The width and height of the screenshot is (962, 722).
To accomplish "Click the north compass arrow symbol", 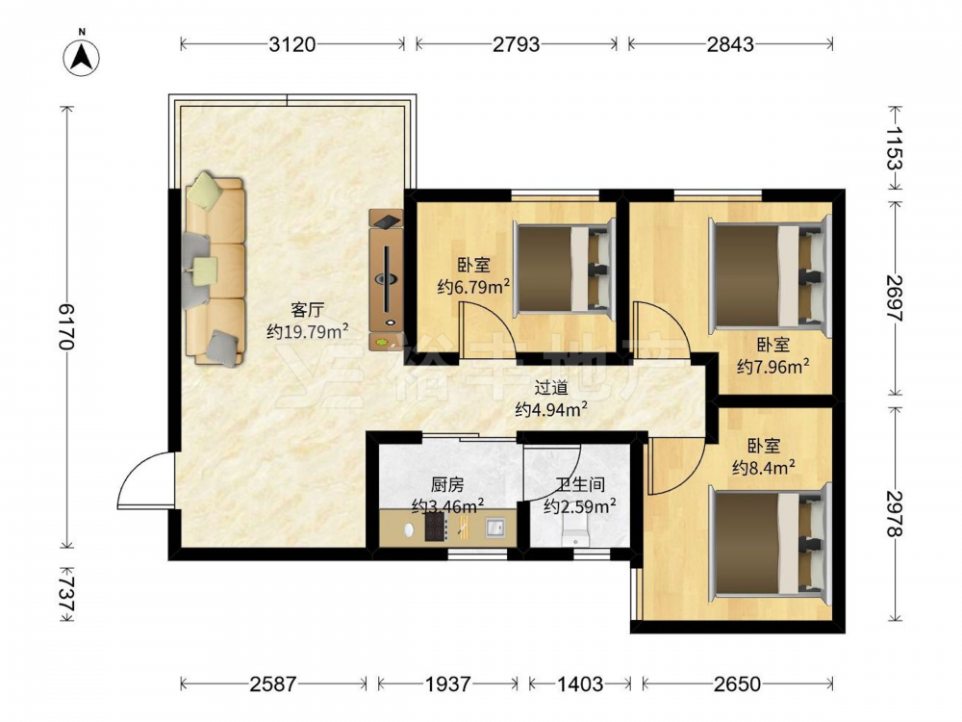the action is tap(82, 57).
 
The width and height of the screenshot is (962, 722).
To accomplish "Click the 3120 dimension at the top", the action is tap(292, 44).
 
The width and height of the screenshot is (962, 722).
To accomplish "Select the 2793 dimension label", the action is tap(517, 44).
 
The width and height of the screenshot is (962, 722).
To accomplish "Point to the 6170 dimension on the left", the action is tap(67, 326).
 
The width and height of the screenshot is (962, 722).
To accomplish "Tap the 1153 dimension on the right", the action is tap(895, 148).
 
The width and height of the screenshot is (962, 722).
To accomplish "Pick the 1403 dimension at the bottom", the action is tap(580, 683).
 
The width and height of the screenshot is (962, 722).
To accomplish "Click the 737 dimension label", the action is tap(67, 593).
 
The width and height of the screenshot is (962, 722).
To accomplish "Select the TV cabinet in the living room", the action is tap(386, 279).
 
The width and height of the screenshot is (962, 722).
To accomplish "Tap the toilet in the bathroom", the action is tap(575, 529).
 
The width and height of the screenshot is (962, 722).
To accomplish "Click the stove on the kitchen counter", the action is tap(435, 527).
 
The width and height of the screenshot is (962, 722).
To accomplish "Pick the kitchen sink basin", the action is tap(495, 527).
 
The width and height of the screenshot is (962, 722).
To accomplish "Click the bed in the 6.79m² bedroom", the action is tap(564, 270).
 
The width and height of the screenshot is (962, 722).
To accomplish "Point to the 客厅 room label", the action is tap(308, 309).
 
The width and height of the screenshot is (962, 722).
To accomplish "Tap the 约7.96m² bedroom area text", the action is tap(772, 366).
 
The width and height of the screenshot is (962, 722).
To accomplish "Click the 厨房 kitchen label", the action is tap(446, 485).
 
